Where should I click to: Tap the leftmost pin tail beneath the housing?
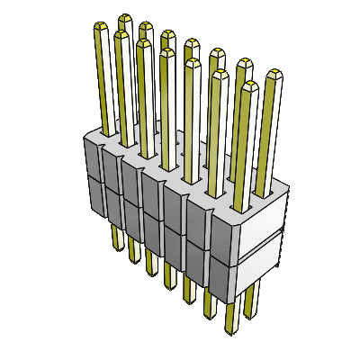(x=115, y=236)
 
